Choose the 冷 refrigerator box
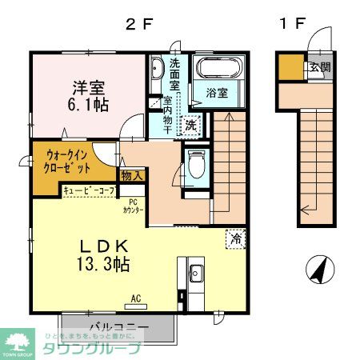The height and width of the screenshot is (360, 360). click(236, 238)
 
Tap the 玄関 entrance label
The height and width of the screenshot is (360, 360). click(319, 67)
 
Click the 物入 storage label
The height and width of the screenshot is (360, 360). click(131, 174)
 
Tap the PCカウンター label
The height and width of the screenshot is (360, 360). click(134, 206)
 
